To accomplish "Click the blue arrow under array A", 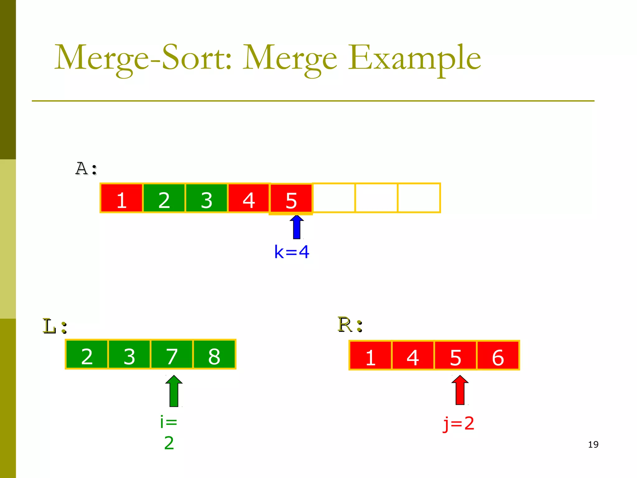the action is tap(297, 227).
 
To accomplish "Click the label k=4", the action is tap(292, 252).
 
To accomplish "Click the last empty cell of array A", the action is tap(419, 198).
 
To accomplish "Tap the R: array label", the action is tap(350, 325).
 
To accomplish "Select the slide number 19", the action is tap(593, 444).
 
